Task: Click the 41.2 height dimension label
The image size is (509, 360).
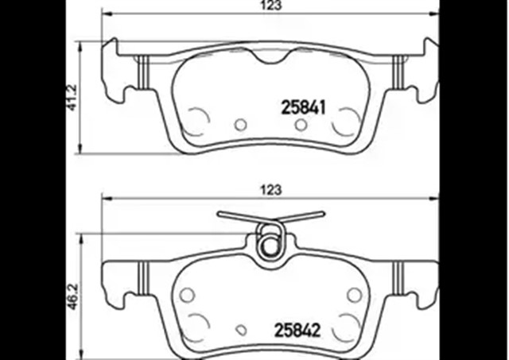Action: (x=72, y=97)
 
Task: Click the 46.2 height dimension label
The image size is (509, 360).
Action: (x=72, y=296)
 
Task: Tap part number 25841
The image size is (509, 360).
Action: (x=303, y=106)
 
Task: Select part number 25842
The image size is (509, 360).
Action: (x=297, y=331)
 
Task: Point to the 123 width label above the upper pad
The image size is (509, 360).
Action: (x=270, y=5)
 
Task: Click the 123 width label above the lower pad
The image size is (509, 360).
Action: (x=270, y=189)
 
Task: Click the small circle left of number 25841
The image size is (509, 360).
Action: (x=240, y=125)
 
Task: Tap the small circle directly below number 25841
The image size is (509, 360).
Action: (x=301, y=125)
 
